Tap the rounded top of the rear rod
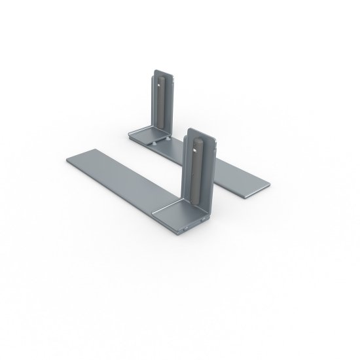coord(160,76)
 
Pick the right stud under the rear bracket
coord(169,138)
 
